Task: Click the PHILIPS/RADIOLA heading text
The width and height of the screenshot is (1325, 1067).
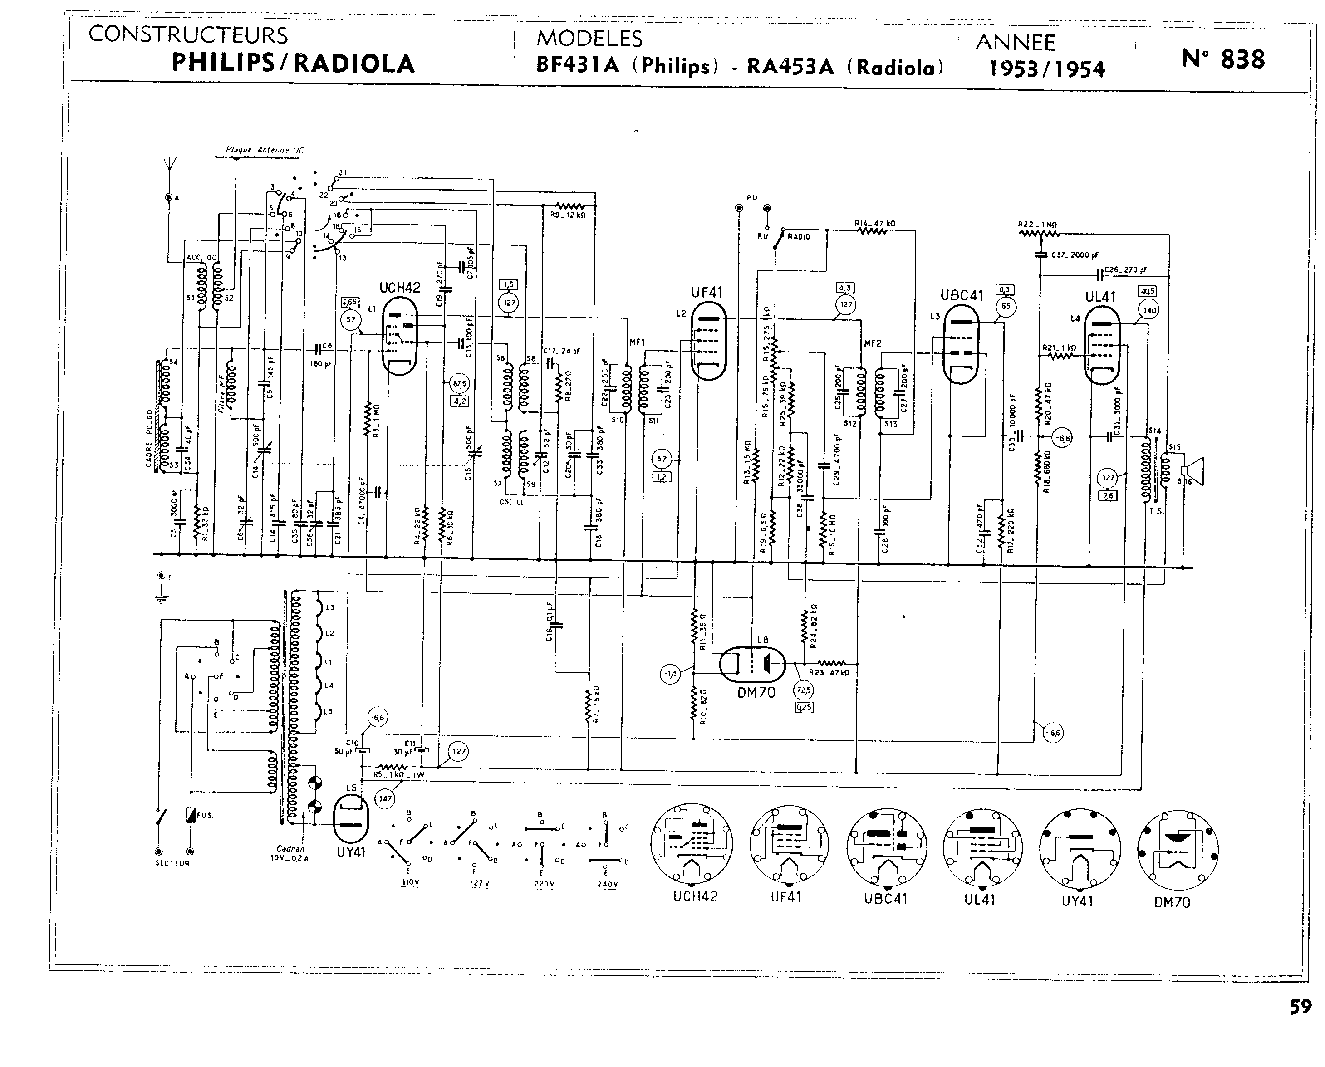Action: pyautogui.click(x=293, y=64)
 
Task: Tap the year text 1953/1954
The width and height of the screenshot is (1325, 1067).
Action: pyautogui.click(x=1046, y=69)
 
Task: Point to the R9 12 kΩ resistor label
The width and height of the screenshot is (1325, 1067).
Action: pyautogui.click(x=568, y=215)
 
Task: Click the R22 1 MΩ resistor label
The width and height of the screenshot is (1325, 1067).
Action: pyautogui.click(x=1037, y=225)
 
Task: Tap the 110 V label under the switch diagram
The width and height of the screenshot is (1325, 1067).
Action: pyautogui.click(x=410, y=883)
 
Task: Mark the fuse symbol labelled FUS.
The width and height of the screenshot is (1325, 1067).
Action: pyautogui.click(x=191, y=815)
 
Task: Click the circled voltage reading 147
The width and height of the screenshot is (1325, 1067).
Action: pyautogui.click(x=385, y=798)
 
